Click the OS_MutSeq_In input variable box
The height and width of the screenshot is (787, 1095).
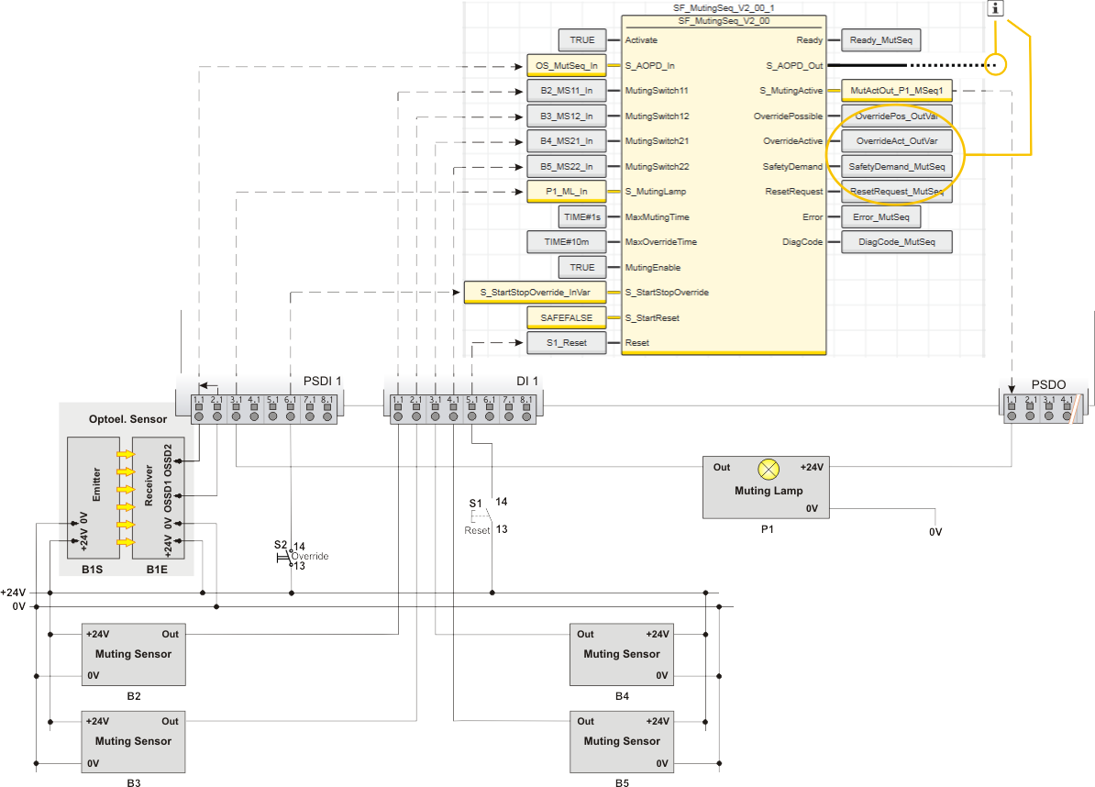click(x=566, y=66)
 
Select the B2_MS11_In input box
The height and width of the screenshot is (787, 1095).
click(x=566, y=91)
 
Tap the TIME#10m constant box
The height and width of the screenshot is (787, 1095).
click(x=566, y=242)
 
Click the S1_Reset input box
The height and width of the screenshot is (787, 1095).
click(x=566, y=343)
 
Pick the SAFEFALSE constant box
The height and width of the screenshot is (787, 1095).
click(x=566, y=317)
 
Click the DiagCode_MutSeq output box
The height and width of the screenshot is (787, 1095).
click(x=896, y=242)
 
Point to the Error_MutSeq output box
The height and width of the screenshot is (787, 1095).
click(x=879, y=217)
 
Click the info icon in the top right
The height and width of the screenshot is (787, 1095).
click(x=997, y=8)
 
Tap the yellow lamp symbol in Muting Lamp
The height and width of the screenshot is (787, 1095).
click(x=768, y=469)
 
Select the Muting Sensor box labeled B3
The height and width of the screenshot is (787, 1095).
click(x=133, y=742)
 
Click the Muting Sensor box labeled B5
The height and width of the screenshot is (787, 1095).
click(x=621, y=742)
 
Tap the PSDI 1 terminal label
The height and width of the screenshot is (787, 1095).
click(x=322, y=382)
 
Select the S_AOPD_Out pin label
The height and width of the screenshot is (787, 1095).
click(x=794, y=66)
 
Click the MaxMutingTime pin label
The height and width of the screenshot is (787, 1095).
click(x=657, y=217)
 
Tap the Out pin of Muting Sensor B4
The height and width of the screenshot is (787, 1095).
click(x=585, y=634)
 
